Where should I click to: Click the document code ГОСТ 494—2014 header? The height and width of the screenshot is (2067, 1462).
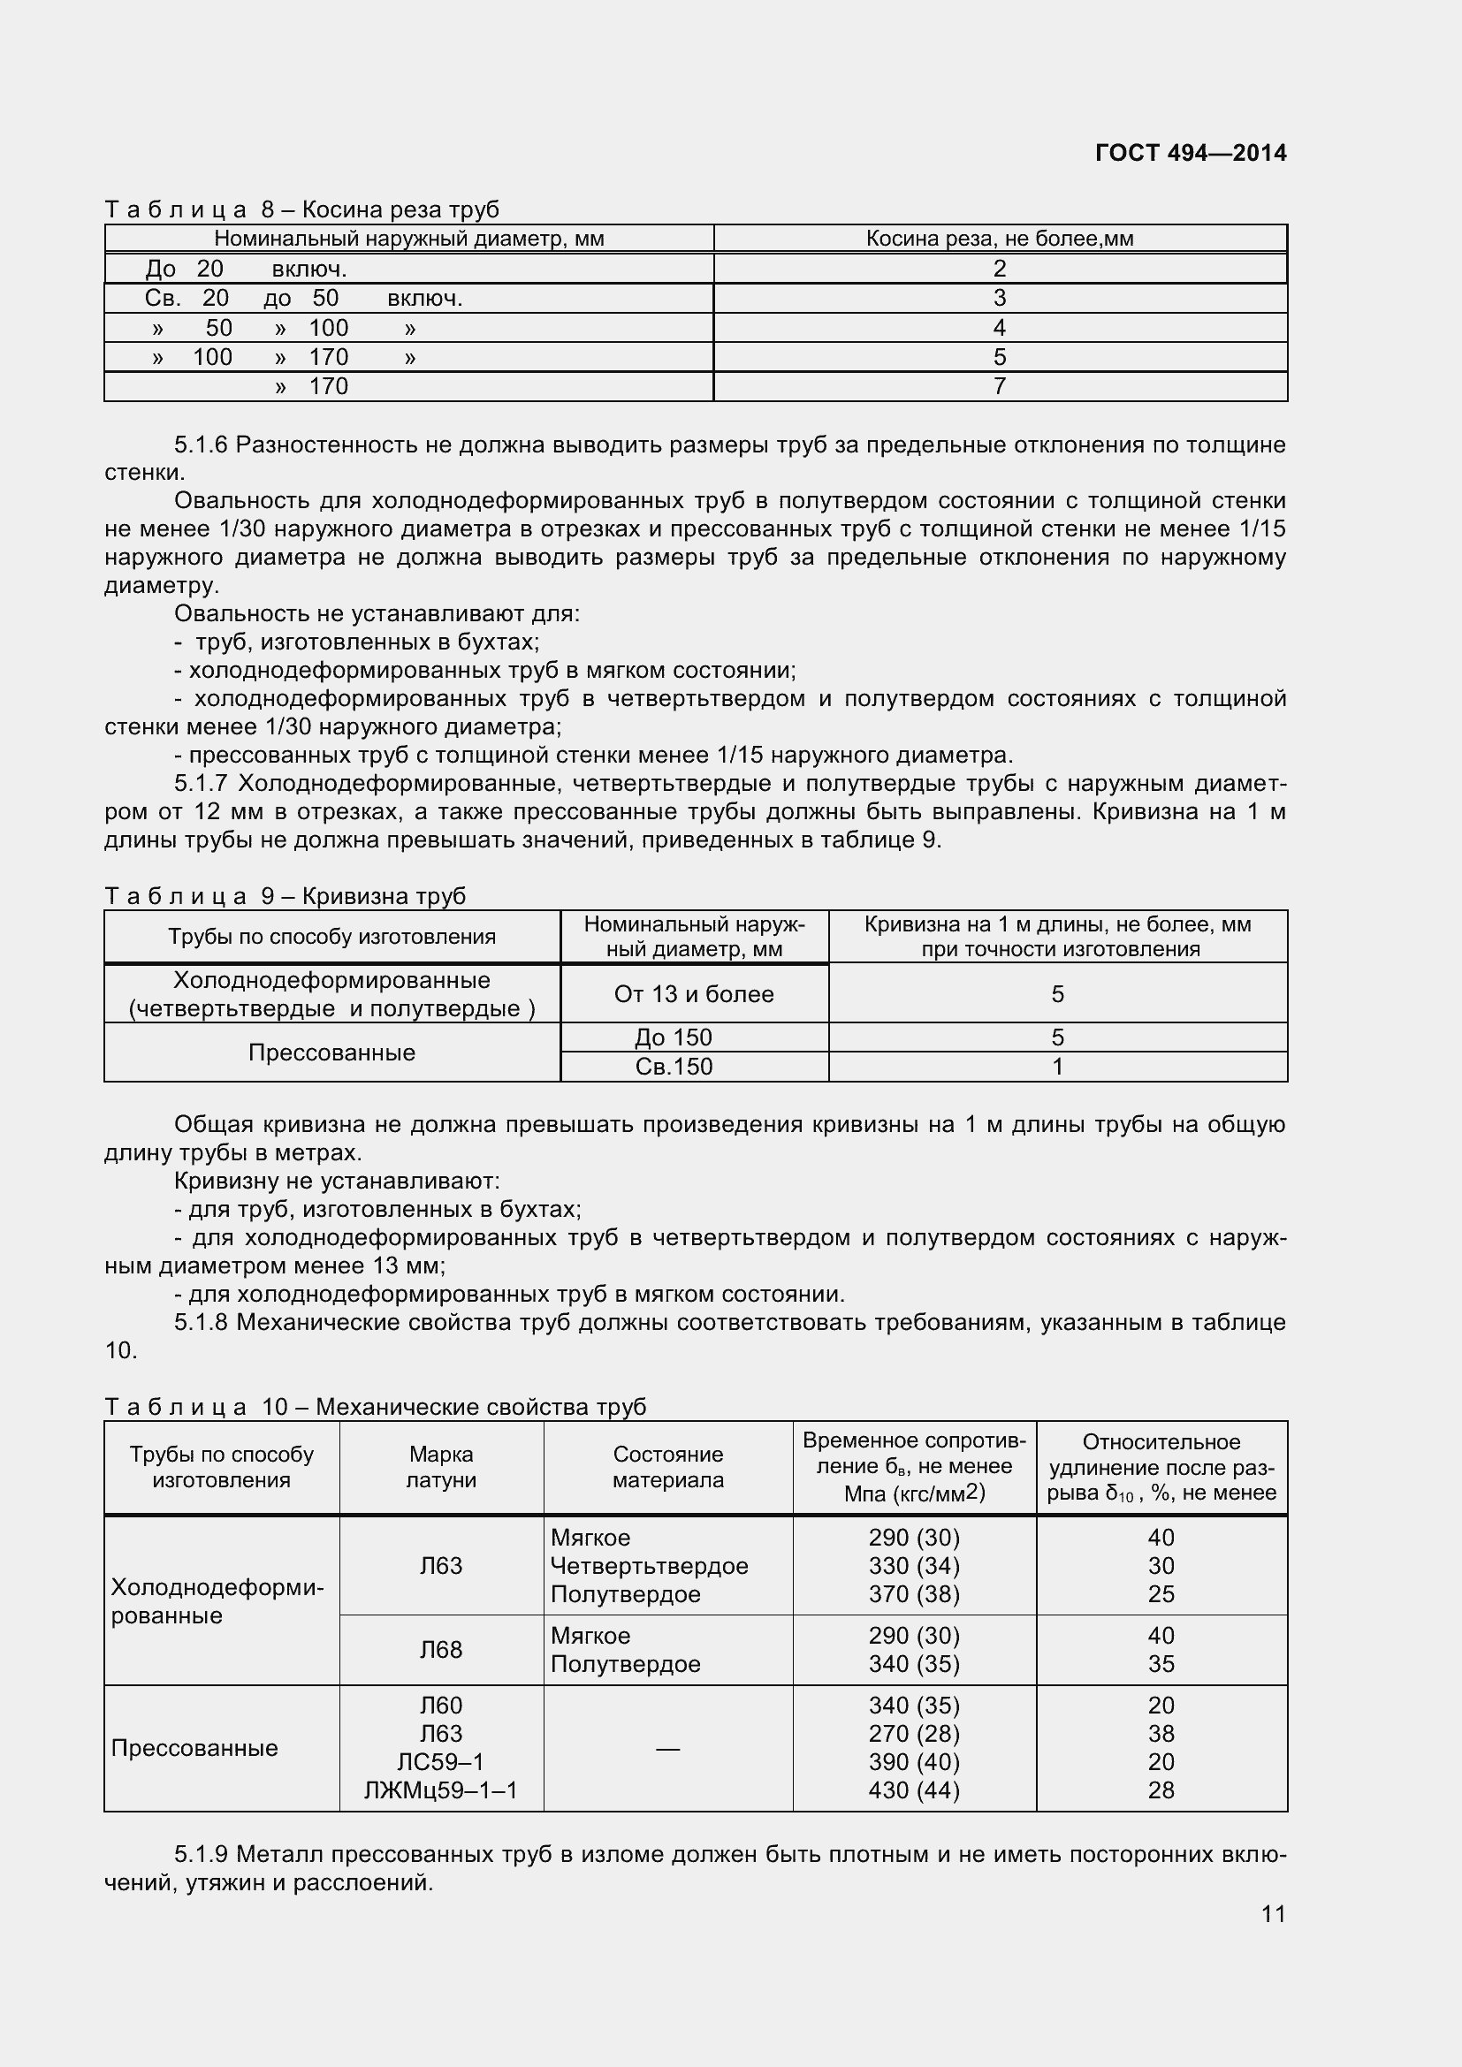tap(1190, 153)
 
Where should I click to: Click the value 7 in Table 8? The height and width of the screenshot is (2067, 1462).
tap(1000, 386)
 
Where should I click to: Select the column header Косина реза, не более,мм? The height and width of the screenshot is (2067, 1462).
tap(1000, 239)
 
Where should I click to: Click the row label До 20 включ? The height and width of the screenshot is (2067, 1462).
tap(246, 269)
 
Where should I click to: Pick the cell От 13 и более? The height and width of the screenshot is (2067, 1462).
tap(693, 994)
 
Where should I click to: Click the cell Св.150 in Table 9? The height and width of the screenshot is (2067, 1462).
tap(674, 1067)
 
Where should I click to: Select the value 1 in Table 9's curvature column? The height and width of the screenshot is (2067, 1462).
tap(1058, 1067)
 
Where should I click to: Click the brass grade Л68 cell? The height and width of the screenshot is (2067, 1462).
tap(441, 1649)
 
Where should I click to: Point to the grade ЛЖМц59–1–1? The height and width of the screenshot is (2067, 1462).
tap(441, 1790)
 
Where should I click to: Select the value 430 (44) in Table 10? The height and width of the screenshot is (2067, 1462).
tap(914, 1790)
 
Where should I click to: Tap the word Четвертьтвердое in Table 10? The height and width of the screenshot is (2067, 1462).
tap(649, 1566)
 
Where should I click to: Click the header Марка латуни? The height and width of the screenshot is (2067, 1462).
tap(441, 1467)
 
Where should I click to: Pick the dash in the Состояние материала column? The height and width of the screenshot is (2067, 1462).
tap(667, 1747)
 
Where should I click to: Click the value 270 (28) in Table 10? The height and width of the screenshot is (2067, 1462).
tap(914, 1733)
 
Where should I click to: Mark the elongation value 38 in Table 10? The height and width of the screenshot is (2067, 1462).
tap(1161, 1733)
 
